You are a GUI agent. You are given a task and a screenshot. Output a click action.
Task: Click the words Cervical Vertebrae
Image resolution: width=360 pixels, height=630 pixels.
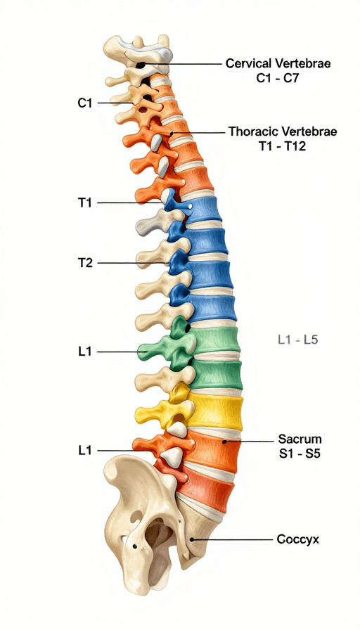tap(278, 63)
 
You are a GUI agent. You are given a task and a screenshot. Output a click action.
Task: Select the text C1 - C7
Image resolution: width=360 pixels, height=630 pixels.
tap(278, 78)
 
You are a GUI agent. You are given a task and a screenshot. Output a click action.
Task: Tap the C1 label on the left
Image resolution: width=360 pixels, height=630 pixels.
tap(85, 103)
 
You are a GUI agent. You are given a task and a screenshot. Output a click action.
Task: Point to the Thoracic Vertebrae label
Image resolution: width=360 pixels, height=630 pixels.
tap(283, 131)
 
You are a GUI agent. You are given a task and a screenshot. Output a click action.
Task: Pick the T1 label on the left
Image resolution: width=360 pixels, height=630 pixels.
tap(85, 203)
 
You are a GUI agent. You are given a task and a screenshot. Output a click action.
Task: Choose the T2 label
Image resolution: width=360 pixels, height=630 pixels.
tap(85, 263)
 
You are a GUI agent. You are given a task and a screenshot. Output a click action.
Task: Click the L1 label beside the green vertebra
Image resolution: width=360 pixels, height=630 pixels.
tap(85, 352)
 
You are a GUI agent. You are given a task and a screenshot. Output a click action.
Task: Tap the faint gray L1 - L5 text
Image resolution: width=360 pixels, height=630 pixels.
tap(297, 340)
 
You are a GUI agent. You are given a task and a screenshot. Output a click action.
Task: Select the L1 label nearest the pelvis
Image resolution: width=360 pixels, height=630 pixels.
tap(85, 451)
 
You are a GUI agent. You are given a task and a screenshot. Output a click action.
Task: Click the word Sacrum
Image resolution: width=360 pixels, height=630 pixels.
tap(300, 438)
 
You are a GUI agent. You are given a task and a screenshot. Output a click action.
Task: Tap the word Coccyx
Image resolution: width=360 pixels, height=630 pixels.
tap(298, 539)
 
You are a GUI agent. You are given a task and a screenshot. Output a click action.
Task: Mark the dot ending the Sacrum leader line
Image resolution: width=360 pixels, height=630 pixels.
tap(224, 442)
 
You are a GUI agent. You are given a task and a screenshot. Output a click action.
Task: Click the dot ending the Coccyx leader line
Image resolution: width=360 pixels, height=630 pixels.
tap(192, 540)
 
